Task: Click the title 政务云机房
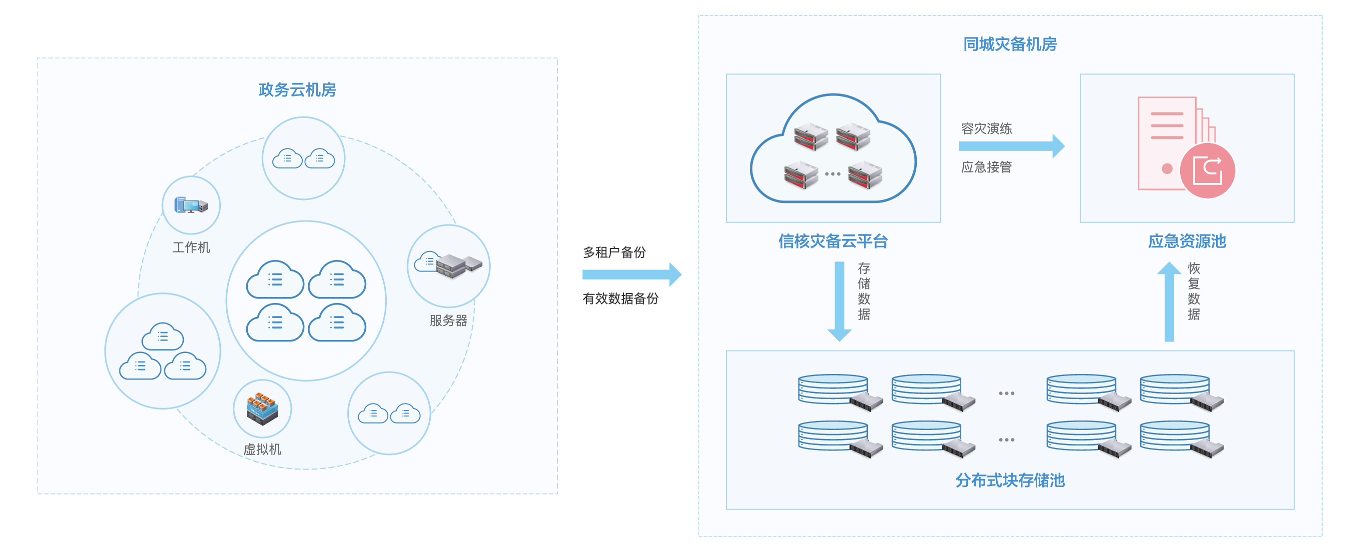pyautogui.click(x=297, y=90)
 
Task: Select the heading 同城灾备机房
pyautogui.click(x=1010, y=44)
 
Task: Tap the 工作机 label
pyautogui.click(x=191, y=247)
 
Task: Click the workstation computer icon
pyautogui.click(x=191, y=205)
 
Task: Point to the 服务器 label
pyautogui.click(x=448, y=320)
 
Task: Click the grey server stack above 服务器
pyautogui.click(x=458, y=265)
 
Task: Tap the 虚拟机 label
pyautogui.click(x=262, y=449)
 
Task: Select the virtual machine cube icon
pyautogui.click(x=262, y=408)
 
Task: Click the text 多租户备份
pyautogui.click(x=614, y=252)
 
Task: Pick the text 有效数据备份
pyautogui.click(x=621, y=298)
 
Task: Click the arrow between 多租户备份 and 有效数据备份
pyautogui.click(x=632, y=274)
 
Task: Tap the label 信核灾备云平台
pyautogui.click(x=833, y=241)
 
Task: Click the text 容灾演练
pyautogui.click(x=986, y=128)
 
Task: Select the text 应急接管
pyautogui.click(x=986, y=167)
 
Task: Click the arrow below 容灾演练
pyautogui.click(x=1012, y=146)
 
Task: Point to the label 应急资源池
pyautogui.click(x=1187, y=241)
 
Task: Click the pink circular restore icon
pyautogui.click(x=1208, y=170)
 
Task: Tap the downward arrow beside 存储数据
pyautogui.click(x=839, y=301)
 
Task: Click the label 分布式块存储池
pyautogui.click(x=1010, y=480)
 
